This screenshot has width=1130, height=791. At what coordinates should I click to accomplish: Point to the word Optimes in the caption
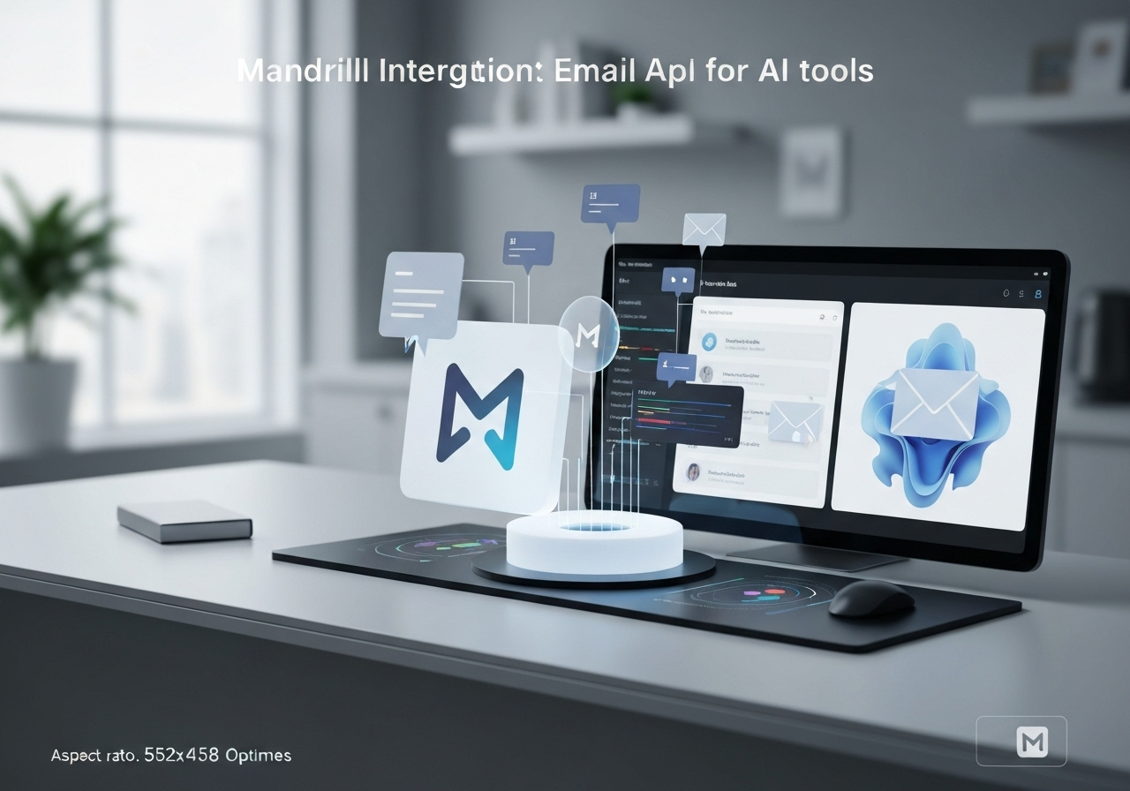[258, 756]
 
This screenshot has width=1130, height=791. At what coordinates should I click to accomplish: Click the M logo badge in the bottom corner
[1021, 740]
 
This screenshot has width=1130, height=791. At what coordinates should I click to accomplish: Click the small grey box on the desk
[185, 520]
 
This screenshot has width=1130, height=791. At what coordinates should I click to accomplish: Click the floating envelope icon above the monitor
[704, 230]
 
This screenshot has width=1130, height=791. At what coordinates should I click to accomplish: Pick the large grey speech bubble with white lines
[421, 296]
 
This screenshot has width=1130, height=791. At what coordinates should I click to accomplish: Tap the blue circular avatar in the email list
[708, 342]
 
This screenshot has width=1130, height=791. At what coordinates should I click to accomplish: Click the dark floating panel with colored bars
[686, 416]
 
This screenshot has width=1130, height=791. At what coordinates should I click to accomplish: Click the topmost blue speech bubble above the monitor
[610, 203]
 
